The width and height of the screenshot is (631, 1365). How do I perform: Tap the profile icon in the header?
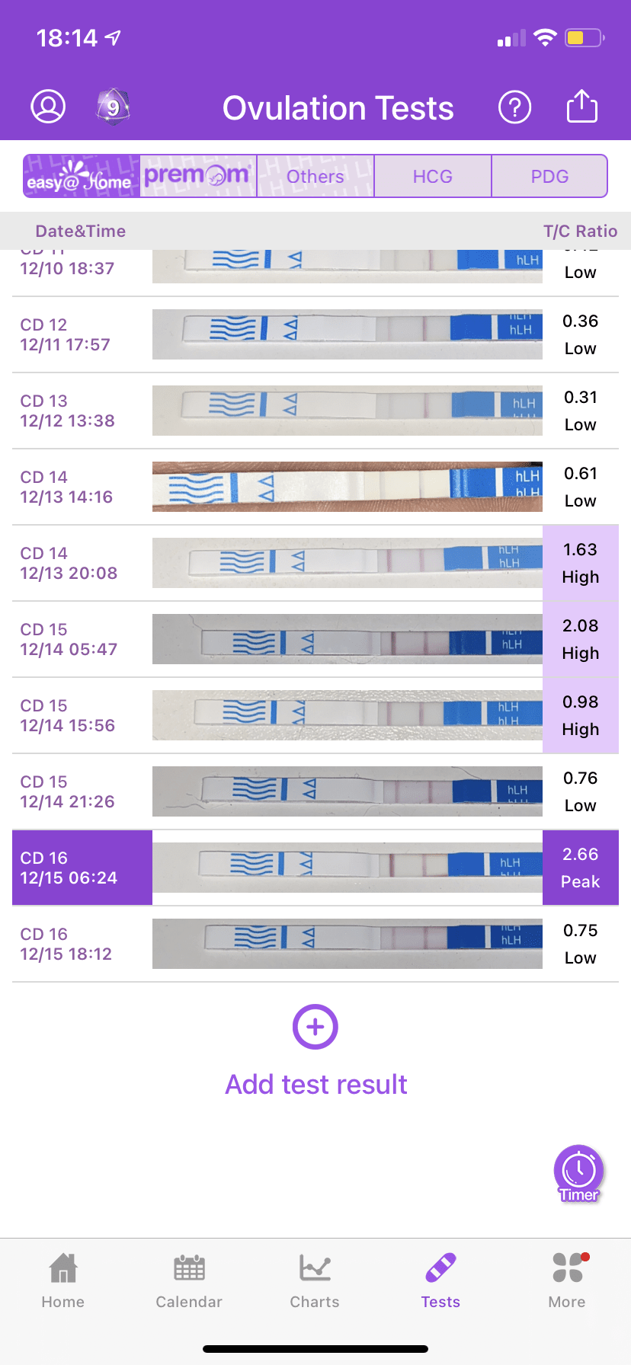click(x=48, y=107)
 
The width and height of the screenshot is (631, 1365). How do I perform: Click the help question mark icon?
click(x=514, y=107)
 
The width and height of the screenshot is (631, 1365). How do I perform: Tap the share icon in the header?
click(x=581, y=107)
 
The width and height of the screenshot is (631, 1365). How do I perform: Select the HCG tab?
click(x=433, y=177)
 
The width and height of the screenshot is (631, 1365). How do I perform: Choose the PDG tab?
click(x=549, y=177)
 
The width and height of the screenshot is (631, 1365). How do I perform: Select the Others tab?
click(x=315, y=177)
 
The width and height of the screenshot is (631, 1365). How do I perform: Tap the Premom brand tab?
click(x=198, y=176)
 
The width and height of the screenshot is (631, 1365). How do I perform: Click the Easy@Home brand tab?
click(x=82, y=176)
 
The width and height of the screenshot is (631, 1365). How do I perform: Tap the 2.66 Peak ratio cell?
click(x=580, y=868)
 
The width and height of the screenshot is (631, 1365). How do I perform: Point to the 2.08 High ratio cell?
click(x=580, y=639)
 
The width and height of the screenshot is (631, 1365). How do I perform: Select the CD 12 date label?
click(x=44, y=324)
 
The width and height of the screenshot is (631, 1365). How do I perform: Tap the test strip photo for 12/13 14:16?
click(x=347, y=487)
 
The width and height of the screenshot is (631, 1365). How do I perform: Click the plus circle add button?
click(x=315, y=1027)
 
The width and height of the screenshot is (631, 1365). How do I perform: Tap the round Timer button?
click(x=579, y=1173)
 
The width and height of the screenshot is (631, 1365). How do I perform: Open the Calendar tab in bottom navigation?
click(x=189, y=1280)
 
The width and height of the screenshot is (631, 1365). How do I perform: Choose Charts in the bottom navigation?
click(x=315, y=1280)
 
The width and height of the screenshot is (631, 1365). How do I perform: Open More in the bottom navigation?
click(x=567, y=1280)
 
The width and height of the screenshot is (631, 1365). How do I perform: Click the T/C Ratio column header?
click(x=580, y=232)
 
